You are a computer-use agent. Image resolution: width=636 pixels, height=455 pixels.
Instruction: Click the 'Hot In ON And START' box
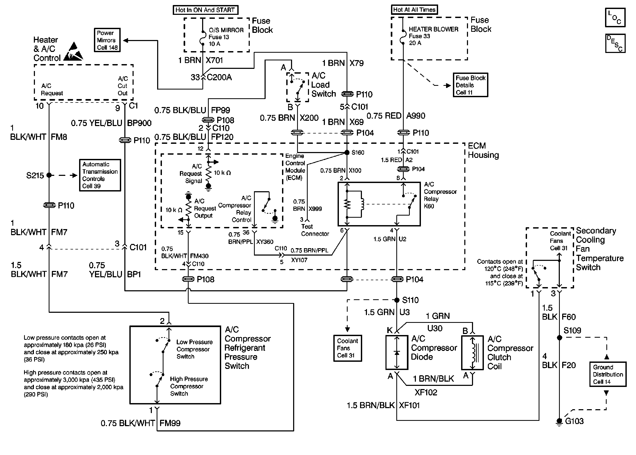point(205,10)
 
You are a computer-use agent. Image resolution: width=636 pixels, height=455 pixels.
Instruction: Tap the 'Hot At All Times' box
point(414,10)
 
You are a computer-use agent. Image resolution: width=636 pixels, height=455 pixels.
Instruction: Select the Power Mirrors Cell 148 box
point(107,40)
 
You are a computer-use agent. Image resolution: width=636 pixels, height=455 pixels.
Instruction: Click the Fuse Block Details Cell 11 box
point(470,85)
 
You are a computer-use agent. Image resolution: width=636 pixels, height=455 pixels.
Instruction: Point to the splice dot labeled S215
point(49,175)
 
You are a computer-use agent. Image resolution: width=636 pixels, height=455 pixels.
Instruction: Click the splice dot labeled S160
point(347,152)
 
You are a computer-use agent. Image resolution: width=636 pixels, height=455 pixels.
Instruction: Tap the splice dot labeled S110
point(397,300)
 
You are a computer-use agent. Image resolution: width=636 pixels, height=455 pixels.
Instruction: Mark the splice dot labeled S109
point(559,338)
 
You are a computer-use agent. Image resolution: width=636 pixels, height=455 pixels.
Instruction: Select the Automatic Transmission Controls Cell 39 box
point(100,175)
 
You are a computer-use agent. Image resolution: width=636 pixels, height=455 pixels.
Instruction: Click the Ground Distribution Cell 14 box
point(608,374)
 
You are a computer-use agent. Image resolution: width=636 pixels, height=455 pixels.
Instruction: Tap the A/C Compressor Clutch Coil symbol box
point(472,353)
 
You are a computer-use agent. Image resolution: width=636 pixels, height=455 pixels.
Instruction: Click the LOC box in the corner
point(615,17)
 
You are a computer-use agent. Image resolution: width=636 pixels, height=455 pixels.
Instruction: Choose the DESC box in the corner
point(615,43)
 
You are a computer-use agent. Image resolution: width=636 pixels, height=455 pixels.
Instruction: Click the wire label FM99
point(170,423)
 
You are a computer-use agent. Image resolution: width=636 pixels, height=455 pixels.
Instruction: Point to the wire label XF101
point(409,405)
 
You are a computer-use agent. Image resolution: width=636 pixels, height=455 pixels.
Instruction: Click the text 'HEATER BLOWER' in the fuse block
point(433,29)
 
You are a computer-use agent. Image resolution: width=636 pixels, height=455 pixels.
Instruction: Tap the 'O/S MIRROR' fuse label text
point(226,30)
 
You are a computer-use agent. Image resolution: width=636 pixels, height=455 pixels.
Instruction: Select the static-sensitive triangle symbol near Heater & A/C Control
point(73,52)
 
